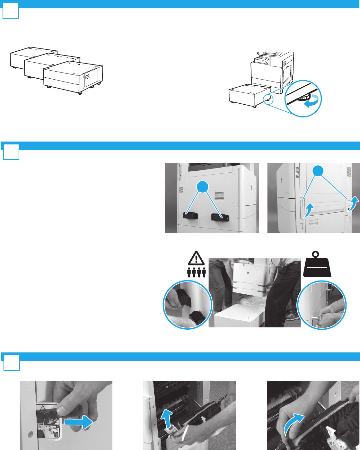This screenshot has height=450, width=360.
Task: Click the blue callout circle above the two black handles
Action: tap(202, 187)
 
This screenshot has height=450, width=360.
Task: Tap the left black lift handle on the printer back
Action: tap(190, 215)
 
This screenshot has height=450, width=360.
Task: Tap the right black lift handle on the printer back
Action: tap(219, 217)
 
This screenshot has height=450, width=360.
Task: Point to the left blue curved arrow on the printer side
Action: tap(308, 210)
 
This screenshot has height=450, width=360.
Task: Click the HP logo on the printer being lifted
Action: tap(248, 273)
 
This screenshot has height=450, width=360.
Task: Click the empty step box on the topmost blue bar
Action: tap(11, 12)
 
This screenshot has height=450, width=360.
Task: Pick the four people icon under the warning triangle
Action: tap(197, 272)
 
